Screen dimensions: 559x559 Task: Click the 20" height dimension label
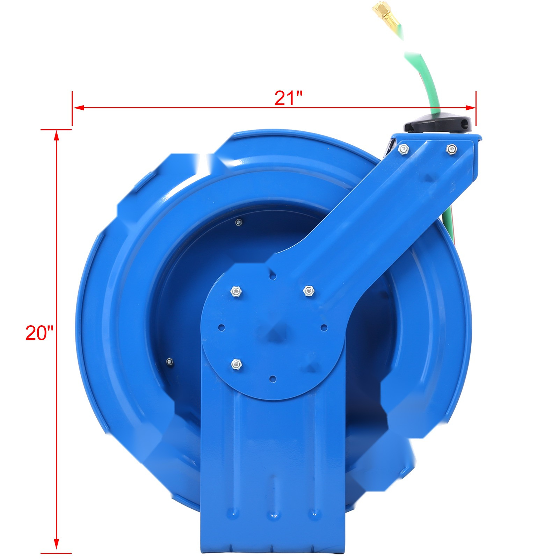click(x=39, y=333)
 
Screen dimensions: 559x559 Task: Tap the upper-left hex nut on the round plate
click(x=236, y=291)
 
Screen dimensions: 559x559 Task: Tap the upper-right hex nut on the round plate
click(x=308, y=290)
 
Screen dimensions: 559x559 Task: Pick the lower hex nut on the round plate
click(x=236, y=364)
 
